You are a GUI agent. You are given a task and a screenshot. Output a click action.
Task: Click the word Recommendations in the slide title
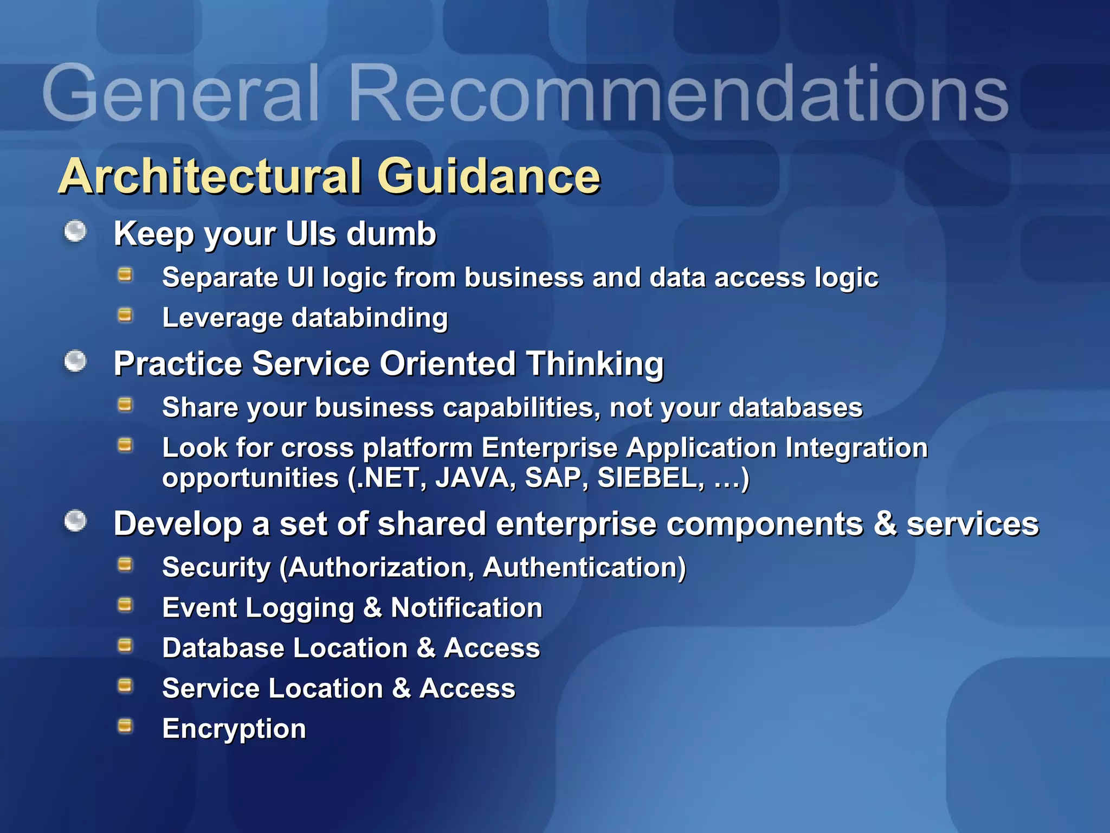click(x=677, y=93)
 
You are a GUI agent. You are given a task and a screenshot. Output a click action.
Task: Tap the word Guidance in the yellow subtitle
click(x=489, y=176)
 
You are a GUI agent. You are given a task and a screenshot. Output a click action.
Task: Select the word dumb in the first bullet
click(x=391, y=234)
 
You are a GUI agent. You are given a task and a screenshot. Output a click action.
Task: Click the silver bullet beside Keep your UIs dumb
click(x=75, y=232)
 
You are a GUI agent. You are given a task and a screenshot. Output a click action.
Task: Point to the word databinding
click(x=370, y=318)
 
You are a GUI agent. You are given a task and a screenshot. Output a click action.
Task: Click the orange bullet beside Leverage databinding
click(x=125, y=315)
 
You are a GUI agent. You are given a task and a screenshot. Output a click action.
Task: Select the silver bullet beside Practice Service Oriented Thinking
click(x=75, y=361)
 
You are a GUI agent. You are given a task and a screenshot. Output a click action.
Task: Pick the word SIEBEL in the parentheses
click(x=650, y=478)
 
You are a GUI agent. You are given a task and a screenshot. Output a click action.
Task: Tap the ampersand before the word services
click(x=885, y=524)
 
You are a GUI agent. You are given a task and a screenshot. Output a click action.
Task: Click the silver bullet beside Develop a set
click(x=75, y=522)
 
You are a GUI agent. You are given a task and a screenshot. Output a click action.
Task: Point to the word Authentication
click(x=584, y=568)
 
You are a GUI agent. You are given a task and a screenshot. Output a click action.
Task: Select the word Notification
click(x=467, y=608)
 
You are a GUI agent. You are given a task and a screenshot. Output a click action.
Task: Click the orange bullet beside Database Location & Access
click(x=125, y=645)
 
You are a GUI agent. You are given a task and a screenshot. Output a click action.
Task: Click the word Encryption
click(x=234, y=729)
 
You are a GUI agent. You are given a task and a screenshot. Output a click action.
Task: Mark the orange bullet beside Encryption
click(x=125, y=726)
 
